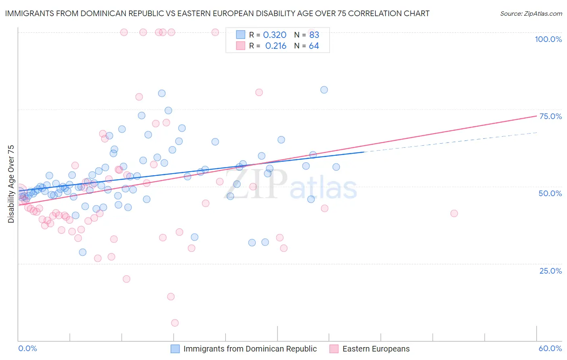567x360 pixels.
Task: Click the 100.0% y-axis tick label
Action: [x=548, y=39]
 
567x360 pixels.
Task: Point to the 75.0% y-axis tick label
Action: [x=550, y=116]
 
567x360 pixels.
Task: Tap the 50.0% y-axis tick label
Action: [x=550, y=193]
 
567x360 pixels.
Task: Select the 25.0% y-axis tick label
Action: [x=550, y=271]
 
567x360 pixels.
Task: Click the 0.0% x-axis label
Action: [x=27, y=348]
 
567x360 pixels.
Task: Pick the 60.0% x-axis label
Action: [x=550, y=348]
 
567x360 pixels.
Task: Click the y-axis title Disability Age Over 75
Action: [x=11, y=184]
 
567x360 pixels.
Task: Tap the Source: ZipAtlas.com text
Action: [x=531, y=13]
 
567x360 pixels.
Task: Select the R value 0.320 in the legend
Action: [x=275, y=35]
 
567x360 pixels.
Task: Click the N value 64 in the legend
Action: [x=314, y=46]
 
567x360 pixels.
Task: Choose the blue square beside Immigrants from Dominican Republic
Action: [x=175, y=349]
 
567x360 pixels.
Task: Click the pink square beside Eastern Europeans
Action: [x=334, y=349]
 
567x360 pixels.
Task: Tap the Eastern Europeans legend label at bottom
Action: [x=376, y=349]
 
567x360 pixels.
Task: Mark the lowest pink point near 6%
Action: [x=175, y=323]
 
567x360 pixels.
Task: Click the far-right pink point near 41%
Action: [x=454, y=213]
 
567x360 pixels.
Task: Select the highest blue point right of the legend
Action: [x=324, y=90]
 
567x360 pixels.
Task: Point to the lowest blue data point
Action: [x=83, y=252]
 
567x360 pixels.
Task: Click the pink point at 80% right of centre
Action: [x=259, y=92]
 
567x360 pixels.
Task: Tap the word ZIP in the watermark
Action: [x=255, y=184]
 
